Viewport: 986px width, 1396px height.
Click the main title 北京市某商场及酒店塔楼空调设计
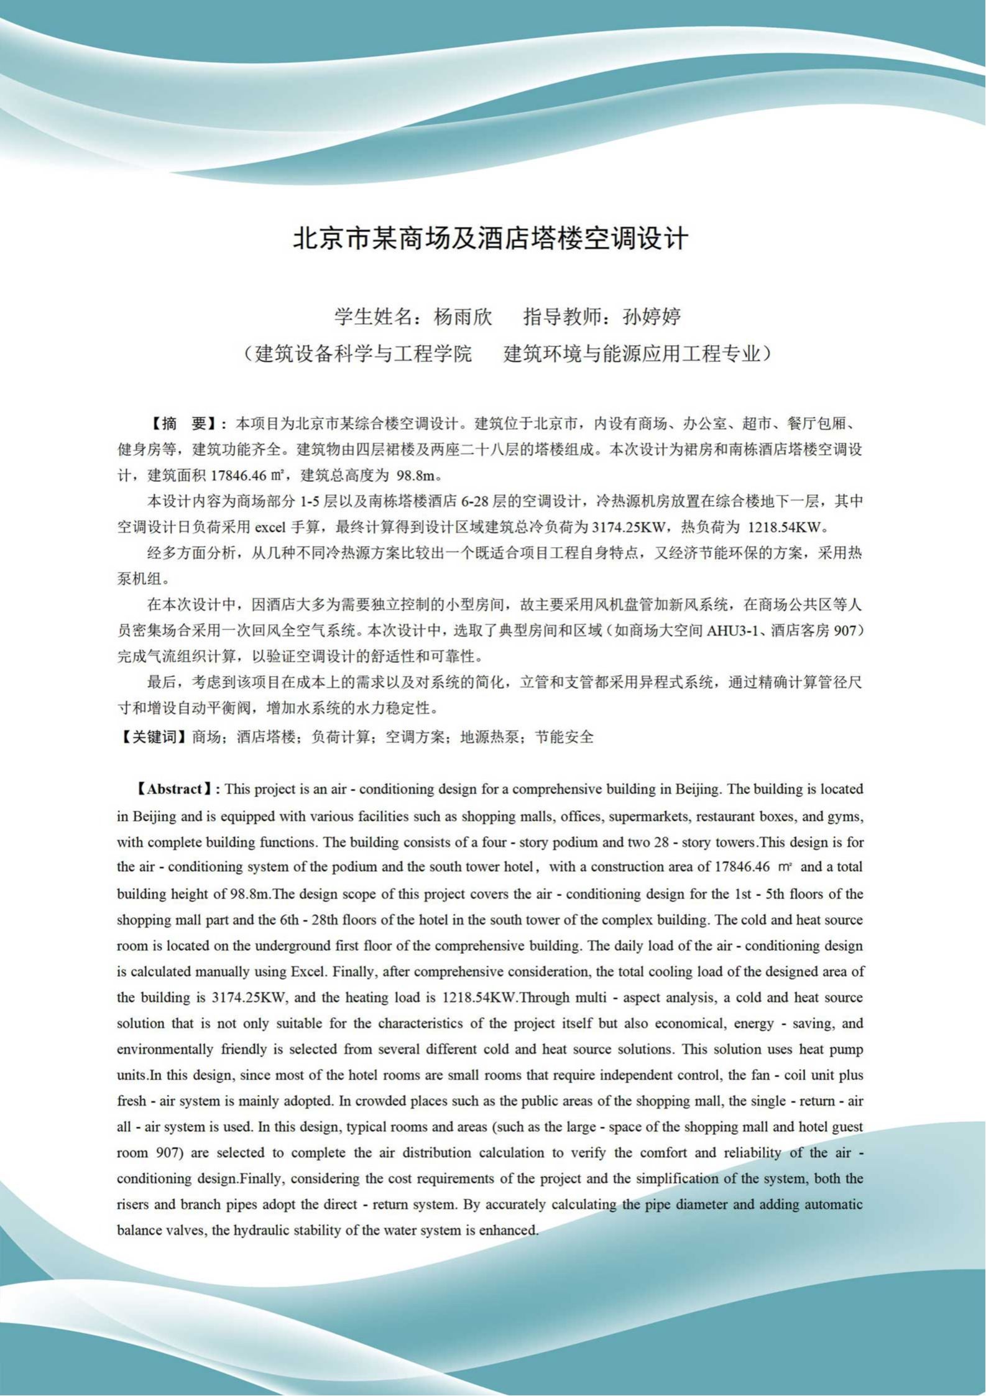click(x=491, y=239)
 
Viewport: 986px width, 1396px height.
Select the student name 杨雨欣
click(x=463, y=317)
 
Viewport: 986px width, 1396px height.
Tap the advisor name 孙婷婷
click(x=652, y=317)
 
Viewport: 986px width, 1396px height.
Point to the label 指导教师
click(x=563, y=317)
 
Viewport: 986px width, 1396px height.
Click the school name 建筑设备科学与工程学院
click(x=364, y=354)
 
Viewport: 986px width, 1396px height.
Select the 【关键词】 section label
click(x=153, y=737)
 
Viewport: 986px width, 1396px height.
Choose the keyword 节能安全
click(x=564, y=737)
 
